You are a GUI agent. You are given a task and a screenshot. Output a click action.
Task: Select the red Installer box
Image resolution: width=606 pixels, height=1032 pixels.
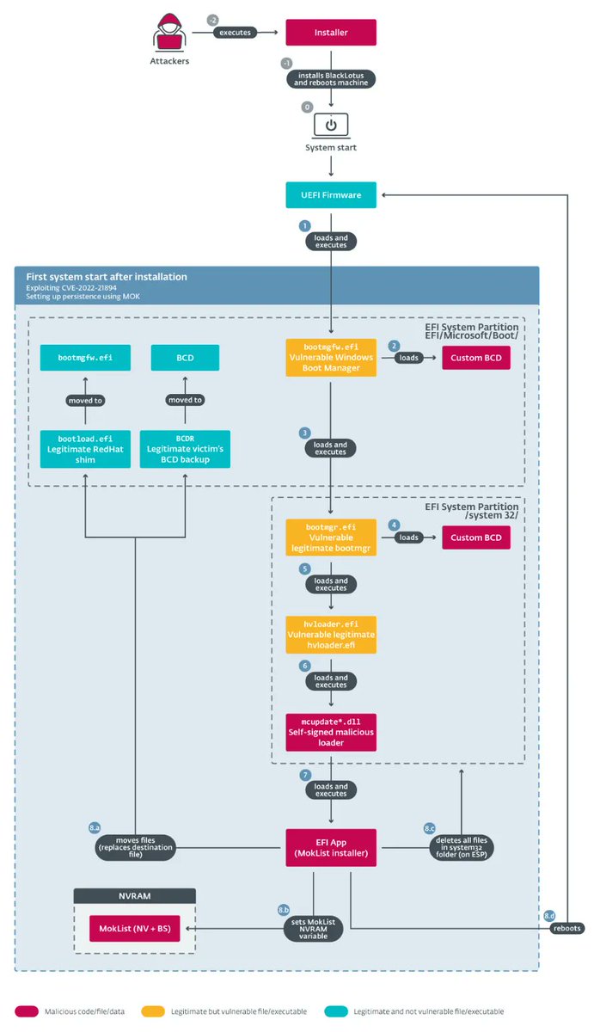tap(331, 34)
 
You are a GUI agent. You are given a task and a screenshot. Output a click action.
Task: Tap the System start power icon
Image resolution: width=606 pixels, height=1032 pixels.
tap(331, 126)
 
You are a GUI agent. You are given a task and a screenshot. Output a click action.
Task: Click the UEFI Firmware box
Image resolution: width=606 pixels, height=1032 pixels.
tap(331, 194)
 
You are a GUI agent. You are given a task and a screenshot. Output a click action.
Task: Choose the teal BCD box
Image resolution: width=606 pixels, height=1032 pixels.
tap(185, 357)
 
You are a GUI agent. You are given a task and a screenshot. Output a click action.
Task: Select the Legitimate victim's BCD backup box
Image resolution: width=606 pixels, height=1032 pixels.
tap(185, 449)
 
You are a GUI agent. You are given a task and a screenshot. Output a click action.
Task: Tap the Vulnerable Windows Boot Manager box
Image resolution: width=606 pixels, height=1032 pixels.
tap(331, 357)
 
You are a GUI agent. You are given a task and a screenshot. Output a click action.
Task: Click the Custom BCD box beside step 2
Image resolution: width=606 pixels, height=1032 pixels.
tap(475, 357)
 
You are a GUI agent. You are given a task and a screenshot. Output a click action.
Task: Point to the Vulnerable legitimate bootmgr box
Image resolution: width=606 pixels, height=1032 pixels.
tap(331, 537)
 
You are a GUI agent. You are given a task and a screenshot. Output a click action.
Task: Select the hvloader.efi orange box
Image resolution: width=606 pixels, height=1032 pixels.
tap(331, 635)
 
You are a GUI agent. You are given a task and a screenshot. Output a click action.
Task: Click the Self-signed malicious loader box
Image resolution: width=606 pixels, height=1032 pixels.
tap(331, 731)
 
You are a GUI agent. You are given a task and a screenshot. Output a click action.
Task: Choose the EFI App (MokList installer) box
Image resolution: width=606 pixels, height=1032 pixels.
tap(331, 847)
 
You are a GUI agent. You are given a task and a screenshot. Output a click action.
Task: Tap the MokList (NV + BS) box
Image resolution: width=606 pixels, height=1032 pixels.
tap(135, 928)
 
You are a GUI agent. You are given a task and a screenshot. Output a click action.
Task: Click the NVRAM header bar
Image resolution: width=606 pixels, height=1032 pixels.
tap(135, 896)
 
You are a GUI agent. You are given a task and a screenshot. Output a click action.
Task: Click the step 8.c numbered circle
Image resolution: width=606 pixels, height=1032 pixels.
tap(430, 827)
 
